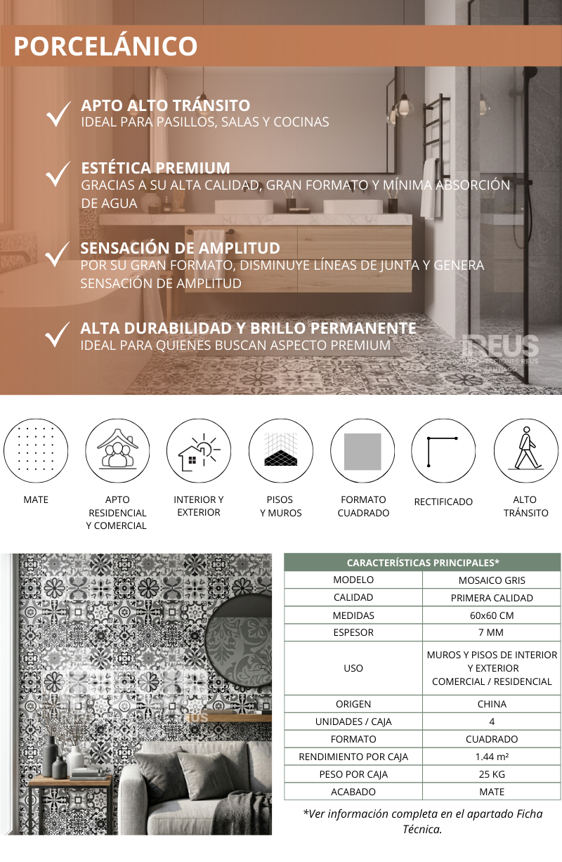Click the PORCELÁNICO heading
click(x=106, y=46)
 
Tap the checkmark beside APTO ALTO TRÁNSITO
click(x=58, y=114)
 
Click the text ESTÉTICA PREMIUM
click(x=155, y=168)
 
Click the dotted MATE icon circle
click(x=36, y=451)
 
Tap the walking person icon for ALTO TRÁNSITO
click(x=525, y=451)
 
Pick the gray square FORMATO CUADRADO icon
click(x=362, y=452)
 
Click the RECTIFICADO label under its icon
click(x=443, y=502)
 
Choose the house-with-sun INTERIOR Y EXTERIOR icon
click(x=199, y=451)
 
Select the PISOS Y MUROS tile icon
click(x=280, y=451)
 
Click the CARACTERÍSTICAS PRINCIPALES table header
click(x=422, y=563)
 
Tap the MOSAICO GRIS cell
click(x=492, y=580)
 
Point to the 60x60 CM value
click(x=492, y=615)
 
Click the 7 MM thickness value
click(x=492, y=632)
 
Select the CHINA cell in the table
click(x=492, y=704)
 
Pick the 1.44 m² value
click(x=492, y=757)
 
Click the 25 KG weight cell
click(x=492, y=774)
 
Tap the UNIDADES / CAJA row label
click(x=353, y=721)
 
